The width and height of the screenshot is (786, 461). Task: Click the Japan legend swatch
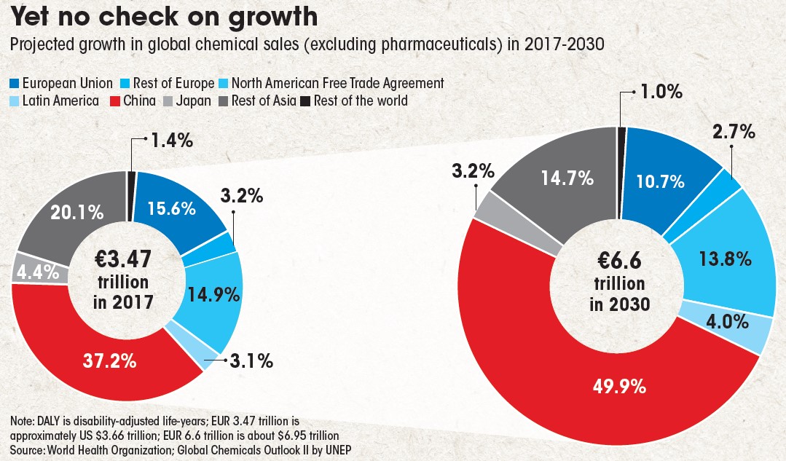[x=169, y=101]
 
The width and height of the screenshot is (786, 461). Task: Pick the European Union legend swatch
[x=15, y=83]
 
